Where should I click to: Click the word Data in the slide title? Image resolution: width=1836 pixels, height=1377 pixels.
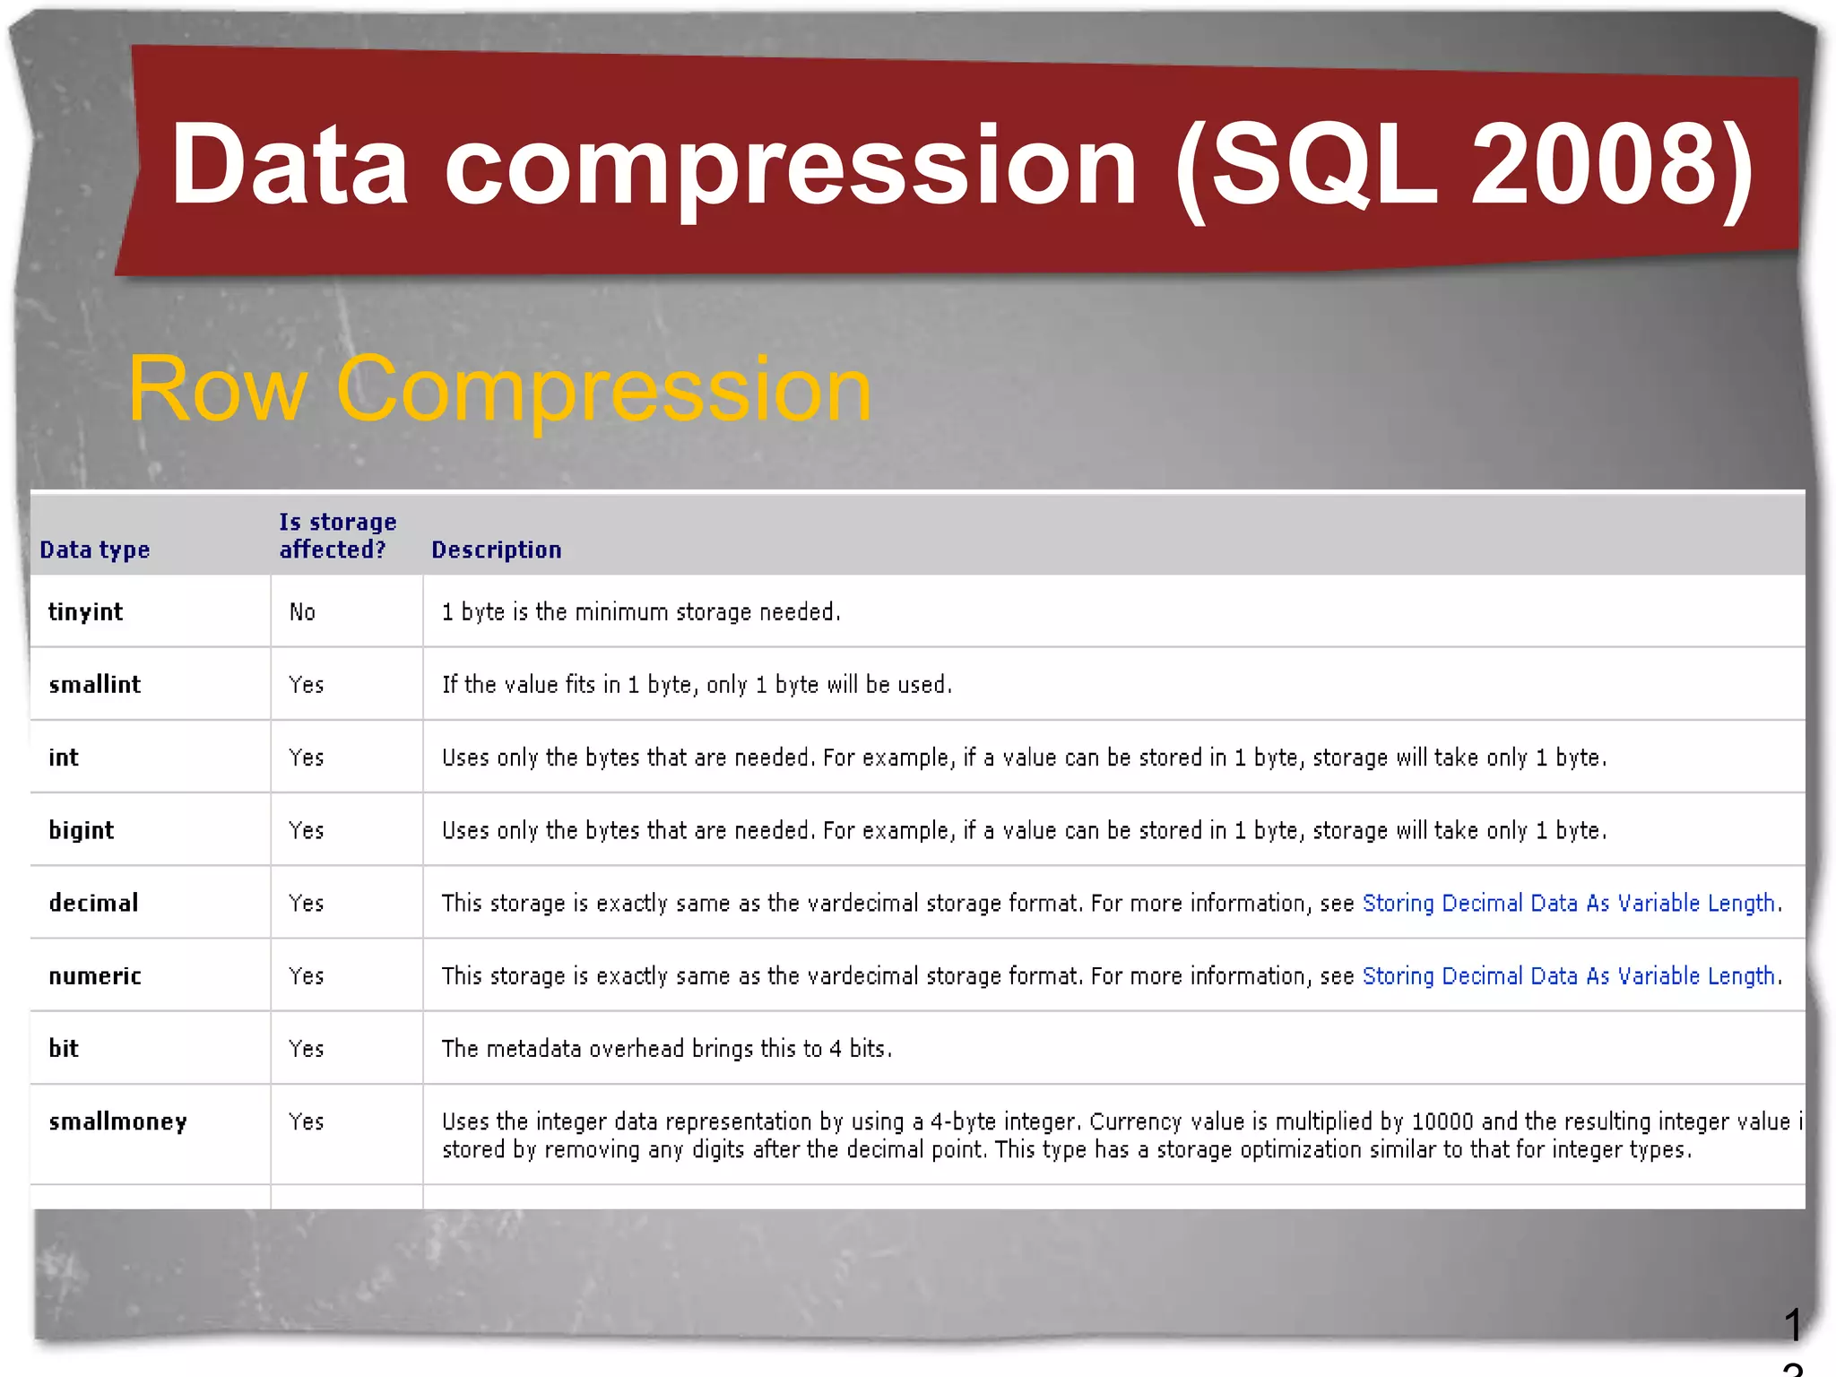(x=289, y=166)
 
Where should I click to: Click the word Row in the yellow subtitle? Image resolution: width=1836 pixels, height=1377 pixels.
(x=217, y=389)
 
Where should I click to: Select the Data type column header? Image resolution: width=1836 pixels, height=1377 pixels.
(x=94, y=550)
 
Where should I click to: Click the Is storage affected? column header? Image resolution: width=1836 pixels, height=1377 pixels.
(x=336, y=536)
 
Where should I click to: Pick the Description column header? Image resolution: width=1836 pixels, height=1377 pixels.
(x=496, y=550)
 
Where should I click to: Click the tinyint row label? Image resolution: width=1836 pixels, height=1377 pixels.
(x=85, y=611)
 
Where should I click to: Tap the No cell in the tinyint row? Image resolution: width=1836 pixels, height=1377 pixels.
(x=302, y=612)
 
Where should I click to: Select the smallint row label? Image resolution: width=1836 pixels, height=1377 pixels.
(x=94, y=685)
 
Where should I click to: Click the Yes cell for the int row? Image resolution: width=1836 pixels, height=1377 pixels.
(x=306, y=758)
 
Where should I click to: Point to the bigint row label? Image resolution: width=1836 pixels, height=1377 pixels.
(x=81, y=830)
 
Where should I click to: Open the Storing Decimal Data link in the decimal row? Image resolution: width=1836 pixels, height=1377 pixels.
(x=1569, y=903)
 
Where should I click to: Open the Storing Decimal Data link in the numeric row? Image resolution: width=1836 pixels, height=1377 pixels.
(x=1569, y=975)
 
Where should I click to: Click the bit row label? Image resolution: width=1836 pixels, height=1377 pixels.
(x=64, y=1048)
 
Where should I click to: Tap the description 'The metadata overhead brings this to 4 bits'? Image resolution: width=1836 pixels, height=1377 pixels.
(x=666, y=1049)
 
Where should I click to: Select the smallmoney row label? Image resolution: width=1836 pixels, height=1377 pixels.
(x=117, y=1122)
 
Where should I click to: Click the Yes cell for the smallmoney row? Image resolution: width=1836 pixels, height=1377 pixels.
(x=306, y=1122)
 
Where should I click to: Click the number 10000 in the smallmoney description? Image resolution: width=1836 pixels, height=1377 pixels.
(x=1442, y=1122)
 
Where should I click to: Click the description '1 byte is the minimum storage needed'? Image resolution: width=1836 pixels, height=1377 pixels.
(x=640, y=612)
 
